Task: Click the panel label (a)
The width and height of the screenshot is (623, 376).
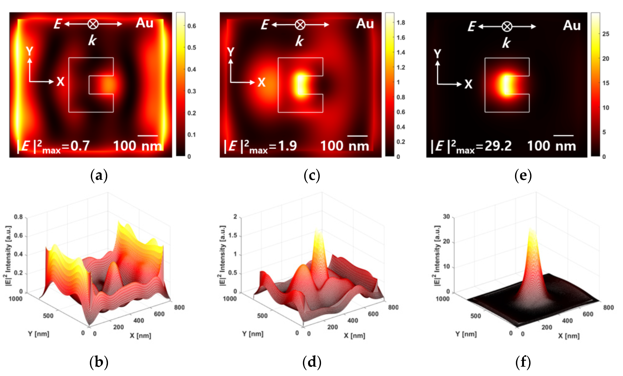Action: [99, 175]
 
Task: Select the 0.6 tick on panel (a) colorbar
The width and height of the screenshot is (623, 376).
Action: [191, 26]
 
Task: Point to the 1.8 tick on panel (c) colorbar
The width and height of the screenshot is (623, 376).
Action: [400, 23]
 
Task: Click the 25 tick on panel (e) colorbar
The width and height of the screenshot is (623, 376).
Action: [606, 34]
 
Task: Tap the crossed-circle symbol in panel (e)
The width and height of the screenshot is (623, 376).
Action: [507, 27]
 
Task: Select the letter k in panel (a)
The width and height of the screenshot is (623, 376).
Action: [92, 40]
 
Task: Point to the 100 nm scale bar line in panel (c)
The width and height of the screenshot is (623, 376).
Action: [357, 136]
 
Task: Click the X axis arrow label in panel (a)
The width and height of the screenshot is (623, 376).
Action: [60, 82]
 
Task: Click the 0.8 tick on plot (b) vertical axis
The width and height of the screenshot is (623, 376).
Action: [18, 217]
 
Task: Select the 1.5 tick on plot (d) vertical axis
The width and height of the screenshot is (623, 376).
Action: [232, 236]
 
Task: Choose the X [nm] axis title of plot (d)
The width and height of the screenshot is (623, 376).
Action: [354, 336]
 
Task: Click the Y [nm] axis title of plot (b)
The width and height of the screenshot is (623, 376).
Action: [38, 334]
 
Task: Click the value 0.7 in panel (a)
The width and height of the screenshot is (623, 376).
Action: [80, 146]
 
